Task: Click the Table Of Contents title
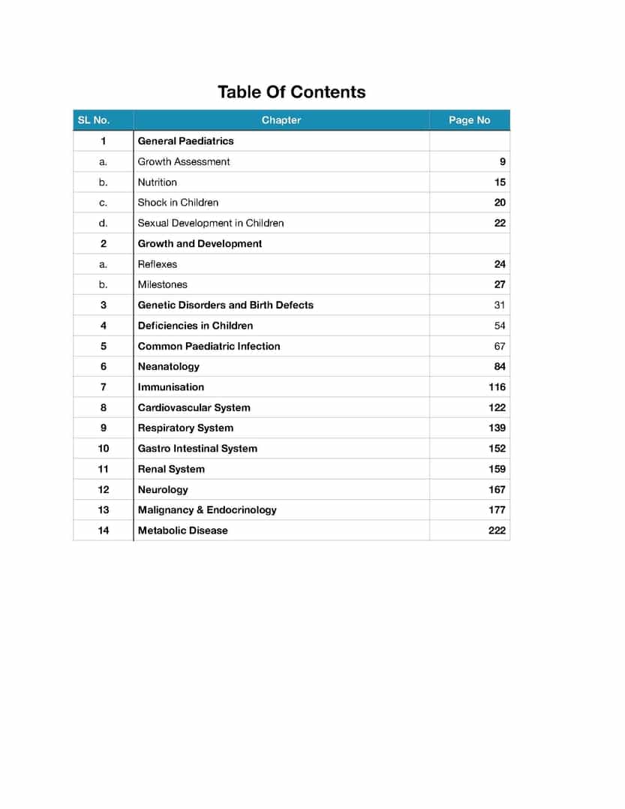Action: [291, 92]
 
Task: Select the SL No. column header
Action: [93, 120]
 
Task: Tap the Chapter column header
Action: [281, 120]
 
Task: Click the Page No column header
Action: [469, 120]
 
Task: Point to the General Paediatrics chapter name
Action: [185, 141]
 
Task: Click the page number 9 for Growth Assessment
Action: [502, 161]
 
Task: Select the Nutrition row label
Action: [157, 182]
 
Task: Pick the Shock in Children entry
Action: [178, 203]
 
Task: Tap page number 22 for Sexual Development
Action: [500, 223]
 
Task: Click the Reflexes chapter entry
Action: [157, 264]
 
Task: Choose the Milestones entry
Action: [162, 284]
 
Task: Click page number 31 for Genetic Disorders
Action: [500, 305]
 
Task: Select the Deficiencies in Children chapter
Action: [195, 326]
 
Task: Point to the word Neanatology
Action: [168, 366]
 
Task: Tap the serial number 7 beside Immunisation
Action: [103, 387]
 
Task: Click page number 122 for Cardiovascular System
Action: [497, 408]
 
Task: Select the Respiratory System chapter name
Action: [185, 428]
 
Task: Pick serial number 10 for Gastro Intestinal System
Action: [103, 449]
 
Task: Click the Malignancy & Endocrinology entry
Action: [207, 510]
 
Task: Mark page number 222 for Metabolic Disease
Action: [497, 531]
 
